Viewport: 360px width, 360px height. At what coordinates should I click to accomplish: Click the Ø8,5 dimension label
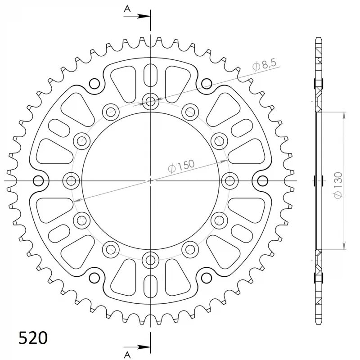point(264,65)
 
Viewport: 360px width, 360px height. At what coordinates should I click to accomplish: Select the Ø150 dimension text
point(181,166)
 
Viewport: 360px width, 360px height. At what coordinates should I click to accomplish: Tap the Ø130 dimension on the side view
point(338,185)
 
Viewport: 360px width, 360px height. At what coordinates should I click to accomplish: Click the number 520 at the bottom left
point(33,338)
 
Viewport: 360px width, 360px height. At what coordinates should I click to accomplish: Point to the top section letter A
point(127,9)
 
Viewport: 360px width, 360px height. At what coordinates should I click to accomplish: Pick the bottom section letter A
point(127,355)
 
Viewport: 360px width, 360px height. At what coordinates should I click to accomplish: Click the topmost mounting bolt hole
point(150,101)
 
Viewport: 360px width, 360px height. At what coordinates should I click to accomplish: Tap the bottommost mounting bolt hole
point(150,260)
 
